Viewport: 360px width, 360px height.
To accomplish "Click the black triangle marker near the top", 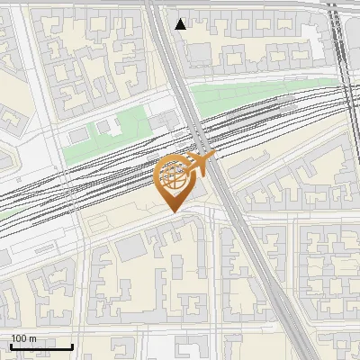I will click(181, 23).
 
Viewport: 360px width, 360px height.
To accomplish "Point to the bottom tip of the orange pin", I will click(173, 211).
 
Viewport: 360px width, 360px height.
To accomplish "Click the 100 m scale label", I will click(24, 338).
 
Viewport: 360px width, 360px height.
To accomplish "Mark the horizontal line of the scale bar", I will click(40, 346).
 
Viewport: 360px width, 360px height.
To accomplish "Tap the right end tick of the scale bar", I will click(72, 345).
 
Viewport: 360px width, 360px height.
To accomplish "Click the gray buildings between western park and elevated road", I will click(165, 122).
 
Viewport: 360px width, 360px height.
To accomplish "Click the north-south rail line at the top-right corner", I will click(339, 36).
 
